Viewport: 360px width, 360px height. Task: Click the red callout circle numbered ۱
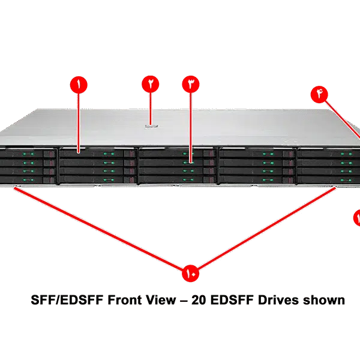78,85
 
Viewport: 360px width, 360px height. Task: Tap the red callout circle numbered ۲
150,85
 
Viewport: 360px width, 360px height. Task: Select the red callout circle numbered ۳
190,85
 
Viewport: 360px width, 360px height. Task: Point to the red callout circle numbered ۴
319,94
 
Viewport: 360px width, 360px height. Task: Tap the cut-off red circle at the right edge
356,218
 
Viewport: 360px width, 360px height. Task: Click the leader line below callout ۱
78,120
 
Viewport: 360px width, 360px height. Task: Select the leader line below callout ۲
150,108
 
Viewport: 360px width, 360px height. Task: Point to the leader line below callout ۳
190,126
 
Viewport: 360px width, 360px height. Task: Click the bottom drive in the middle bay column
177,178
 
